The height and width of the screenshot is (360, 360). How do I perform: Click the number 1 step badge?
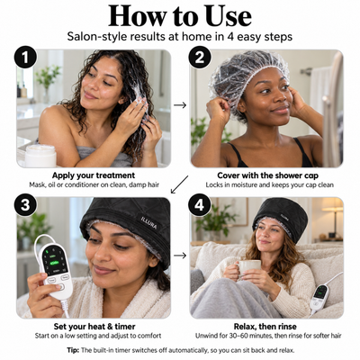coord(25,57)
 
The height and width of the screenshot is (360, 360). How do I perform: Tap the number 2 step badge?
coord(200,57)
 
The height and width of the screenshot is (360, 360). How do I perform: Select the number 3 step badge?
coord(25,204)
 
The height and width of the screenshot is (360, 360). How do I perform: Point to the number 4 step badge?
coord(200,204)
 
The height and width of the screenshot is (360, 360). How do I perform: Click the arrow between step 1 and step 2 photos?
coord(180,105)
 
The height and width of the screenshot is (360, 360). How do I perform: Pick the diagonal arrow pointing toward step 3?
coord(179,184)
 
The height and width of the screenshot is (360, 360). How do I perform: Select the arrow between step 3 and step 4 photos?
coord(180,256)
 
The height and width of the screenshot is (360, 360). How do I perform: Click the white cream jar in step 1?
coord(40,156)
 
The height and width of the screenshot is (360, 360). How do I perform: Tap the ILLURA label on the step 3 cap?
coord(148,223)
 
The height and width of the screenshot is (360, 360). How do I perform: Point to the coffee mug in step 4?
coord(248,267)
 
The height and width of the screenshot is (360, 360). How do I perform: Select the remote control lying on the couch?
coord(319,296)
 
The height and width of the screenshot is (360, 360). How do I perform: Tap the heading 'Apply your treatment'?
coord(94,175)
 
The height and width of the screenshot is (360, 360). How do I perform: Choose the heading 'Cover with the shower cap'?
coord(267,175)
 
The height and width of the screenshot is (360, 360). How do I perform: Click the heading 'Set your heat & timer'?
coord(94,327)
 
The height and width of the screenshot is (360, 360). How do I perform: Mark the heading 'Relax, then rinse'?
coord(265,327)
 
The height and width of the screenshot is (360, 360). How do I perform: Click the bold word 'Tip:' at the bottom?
coord(73,350)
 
